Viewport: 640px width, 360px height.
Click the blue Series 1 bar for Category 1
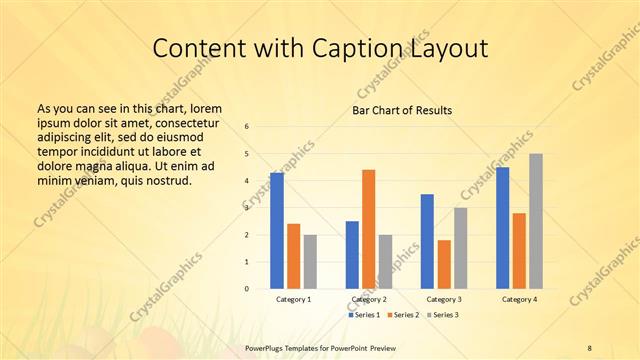277,230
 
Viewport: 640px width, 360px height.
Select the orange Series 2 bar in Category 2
369,229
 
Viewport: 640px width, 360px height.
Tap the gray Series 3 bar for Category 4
536,221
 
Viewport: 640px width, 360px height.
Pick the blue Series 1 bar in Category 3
427,241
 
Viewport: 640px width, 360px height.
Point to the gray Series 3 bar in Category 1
310,261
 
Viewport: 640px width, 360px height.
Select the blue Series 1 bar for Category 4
502,228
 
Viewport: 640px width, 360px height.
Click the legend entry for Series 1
361,315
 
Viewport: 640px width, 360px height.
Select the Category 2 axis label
369,299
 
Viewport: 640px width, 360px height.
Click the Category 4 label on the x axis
519,299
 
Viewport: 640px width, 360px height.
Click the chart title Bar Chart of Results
402,110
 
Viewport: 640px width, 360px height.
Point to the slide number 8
590,347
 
